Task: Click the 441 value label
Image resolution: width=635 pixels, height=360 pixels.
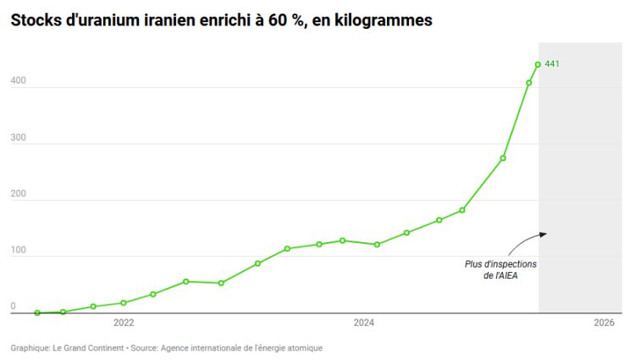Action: [x=552, y=64]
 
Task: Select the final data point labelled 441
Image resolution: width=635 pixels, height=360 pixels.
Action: [x=538, y=64]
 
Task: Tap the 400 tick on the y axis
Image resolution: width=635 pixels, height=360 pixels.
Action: [x=18, y=81]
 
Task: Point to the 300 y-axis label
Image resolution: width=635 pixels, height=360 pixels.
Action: [x=18, y=138]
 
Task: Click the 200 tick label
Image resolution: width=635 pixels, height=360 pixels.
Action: [x=18, y=194]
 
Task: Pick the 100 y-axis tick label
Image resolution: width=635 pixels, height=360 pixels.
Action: [x=18, y=251]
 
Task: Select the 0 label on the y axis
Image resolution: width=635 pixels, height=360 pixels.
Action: [x=13, y=307]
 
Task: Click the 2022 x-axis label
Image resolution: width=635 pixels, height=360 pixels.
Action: [x=124, y=323]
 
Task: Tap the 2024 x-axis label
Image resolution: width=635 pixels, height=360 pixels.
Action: [x=364, y=323]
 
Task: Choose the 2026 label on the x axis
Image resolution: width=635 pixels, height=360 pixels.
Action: [x=604, y=323]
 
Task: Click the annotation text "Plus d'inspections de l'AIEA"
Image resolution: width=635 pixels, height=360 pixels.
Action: [x=500, y=269]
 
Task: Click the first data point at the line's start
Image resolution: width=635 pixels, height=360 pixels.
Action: [x=37, y=313]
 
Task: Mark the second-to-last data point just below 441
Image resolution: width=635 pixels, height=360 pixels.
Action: [x=529, y=82]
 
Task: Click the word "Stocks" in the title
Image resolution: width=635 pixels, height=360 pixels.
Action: [x=36, y=19]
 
